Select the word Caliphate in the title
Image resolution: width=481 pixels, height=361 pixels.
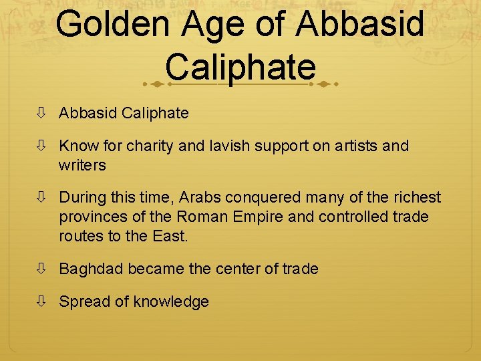pos(240,67)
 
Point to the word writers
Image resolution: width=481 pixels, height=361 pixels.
pos(82,164)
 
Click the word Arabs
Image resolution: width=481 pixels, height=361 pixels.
pos(202,198)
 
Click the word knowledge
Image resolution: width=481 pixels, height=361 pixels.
pos(171,302)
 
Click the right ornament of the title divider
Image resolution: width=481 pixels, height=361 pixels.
pos(326,85)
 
